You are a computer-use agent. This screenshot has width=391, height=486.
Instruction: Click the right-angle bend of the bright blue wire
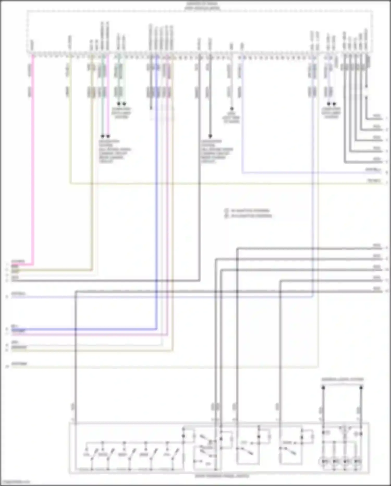(156, 329)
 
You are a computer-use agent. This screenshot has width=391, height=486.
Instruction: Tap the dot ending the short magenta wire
(108, 136)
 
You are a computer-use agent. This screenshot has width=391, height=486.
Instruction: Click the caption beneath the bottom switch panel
(222, 476)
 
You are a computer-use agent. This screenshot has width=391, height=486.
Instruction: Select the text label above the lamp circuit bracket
(342, 379)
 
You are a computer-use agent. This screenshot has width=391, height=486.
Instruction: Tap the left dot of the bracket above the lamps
(323, 388)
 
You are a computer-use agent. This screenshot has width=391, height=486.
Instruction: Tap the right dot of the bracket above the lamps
(361, 388)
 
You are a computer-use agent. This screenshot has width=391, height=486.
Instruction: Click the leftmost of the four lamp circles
(325, 462)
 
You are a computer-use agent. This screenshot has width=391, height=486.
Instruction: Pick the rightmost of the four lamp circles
(357, 462)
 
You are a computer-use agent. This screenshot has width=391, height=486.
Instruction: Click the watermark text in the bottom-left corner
(15, 482)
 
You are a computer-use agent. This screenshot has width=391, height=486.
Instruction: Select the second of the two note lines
(249, 216)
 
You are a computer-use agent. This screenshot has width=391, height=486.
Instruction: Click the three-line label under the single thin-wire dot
(231, 118)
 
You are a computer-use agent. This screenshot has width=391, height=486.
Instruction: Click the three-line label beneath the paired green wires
(121, 113)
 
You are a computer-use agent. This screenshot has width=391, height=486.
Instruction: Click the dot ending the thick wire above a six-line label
(210, 136)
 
